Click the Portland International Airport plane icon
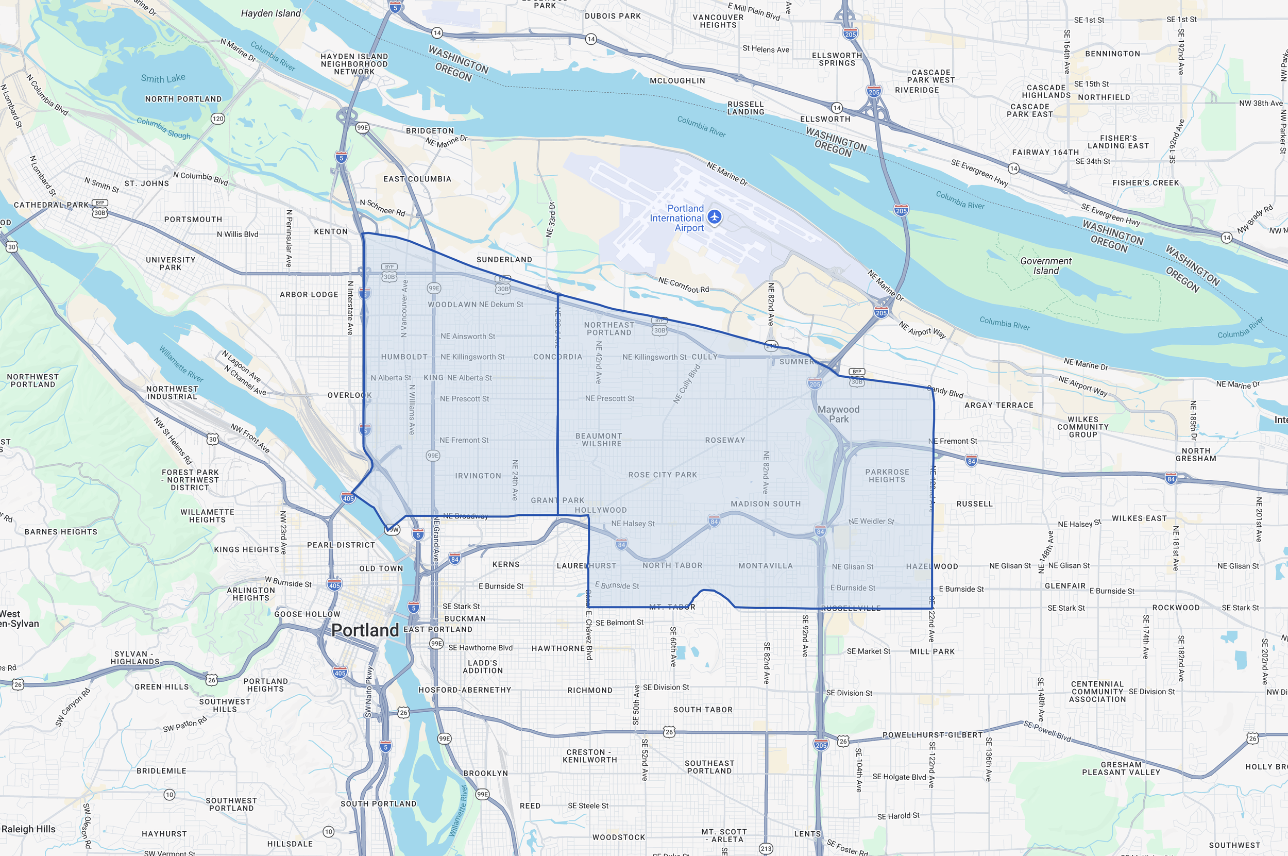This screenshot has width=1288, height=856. click(x=715, y=217)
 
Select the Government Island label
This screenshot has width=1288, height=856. click(x=1046, y=266)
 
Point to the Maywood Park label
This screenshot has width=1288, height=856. click(x=838, y=414)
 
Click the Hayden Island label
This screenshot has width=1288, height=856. click(x=270, y=13)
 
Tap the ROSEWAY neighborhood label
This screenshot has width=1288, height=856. click(x=725, y=440)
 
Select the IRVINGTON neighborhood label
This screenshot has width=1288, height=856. click(x=478, y=476)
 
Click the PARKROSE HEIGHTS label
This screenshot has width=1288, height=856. click(x=887, y=476)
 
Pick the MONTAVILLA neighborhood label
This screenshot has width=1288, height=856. click(x=765, y=565)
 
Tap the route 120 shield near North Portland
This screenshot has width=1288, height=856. click(x=218, y=119)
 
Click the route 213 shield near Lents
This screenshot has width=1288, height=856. click(x=766, y=848)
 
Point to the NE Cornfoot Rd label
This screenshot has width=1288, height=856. click(x=683, y=284)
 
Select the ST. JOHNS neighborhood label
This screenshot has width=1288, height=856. click(x=146, y=183)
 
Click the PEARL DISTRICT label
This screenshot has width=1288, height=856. click(x=341, y=545)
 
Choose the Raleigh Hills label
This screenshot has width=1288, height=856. click(x=28, y=829)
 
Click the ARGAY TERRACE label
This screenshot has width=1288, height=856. click(x=999, y=405)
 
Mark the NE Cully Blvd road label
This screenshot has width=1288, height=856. click(x=687, y=384)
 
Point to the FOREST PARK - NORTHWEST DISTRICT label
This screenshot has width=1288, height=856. click(x=190, y=480)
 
